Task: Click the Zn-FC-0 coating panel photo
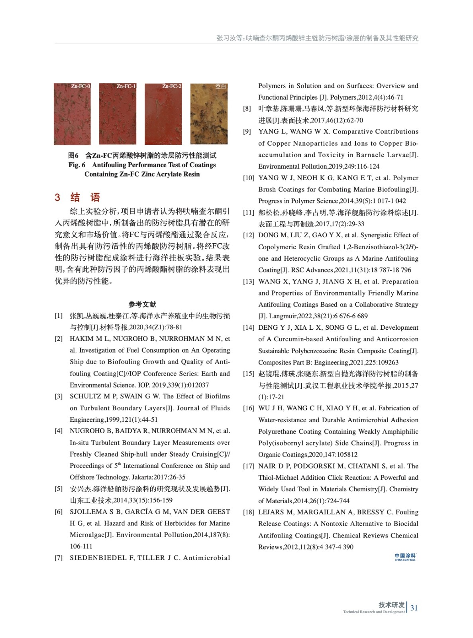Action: click(72, 114)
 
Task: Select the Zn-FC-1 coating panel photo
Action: click(118, 114)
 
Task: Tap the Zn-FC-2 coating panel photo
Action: click(163, 114)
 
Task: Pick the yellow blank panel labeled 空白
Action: click(209, 114)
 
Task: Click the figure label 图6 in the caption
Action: click(73, 156)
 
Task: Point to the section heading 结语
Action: click(85, 197)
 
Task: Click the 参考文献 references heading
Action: click(142, 304)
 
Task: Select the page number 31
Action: click(414, 608)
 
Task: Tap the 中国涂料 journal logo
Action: click(405, 557)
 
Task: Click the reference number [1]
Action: click(59, 316)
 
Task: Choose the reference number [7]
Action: click(59, 558)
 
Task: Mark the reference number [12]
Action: click(249, 235)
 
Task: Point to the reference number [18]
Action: click(249, 512)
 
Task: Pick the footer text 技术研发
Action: click(391, 605)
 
